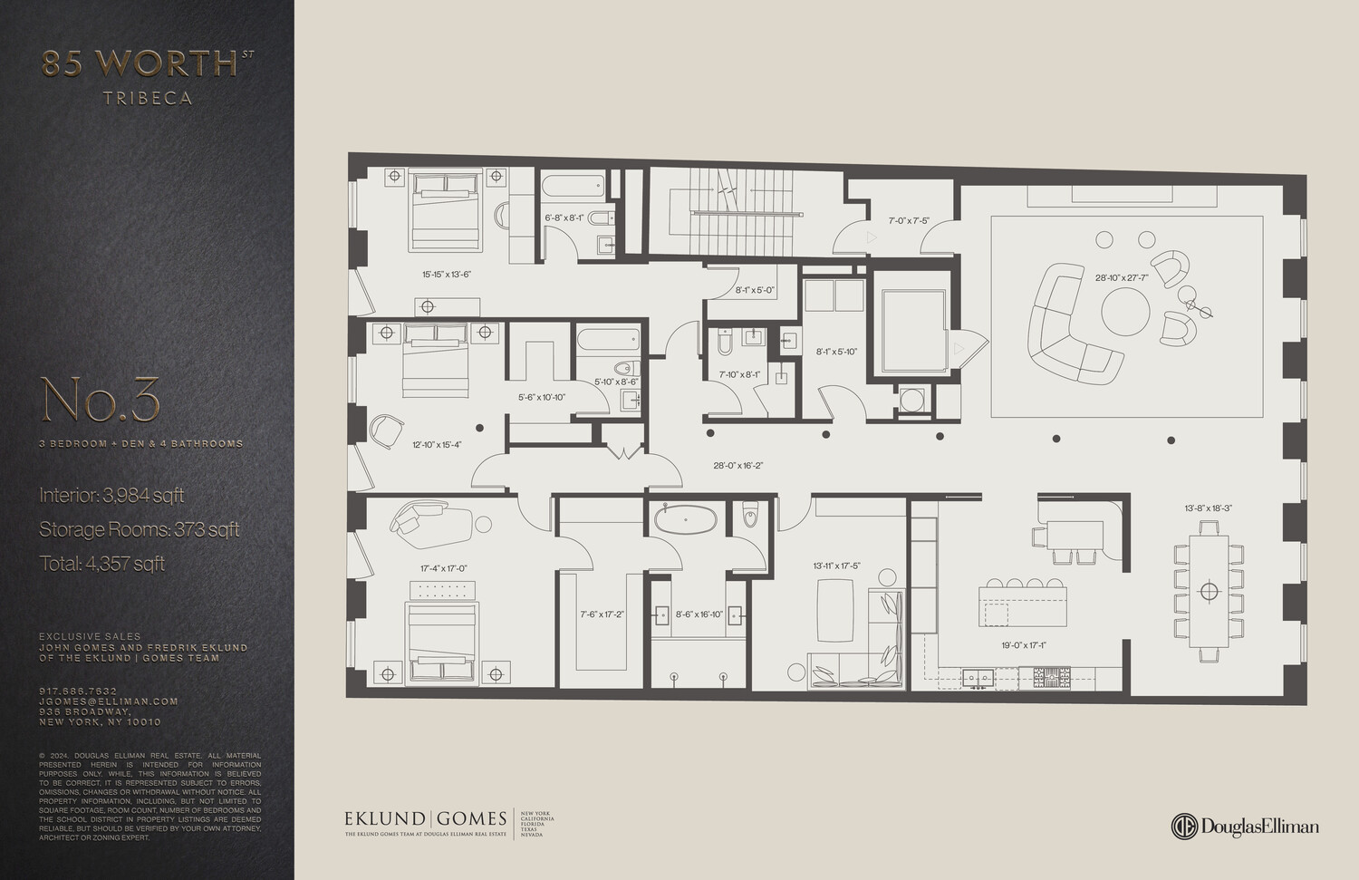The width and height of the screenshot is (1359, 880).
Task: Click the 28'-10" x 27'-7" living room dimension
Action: (1121, 278)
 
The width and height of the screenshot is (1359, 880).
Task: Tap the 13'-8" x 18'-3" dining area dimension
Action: (1209, 508)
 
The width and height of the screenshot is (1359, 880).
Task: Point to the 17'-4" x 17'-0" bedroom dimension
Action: (443, 568)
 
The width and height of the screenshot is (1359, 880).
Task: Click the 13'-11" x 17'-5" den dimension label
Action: (836, 566)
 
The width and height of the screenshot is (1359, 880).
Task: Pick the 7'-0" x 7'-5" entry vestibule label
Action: (908, 220)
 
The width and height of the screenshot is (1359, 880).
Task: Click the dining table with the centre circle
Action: (1209, 592)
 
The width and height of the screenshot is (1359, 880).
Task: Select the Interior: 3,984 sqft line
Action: (111, 495)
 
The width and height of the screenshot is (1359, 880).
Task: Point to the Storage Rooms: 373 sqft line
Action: (139, 529)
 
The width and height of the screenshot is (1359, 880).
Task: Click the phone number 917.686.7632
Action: (78, 691)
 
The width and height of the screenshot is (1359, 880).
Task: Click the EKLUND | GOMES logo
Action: (426, 819)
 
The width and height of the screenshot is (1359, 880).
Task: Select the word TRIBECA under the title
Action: (148, 98)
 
